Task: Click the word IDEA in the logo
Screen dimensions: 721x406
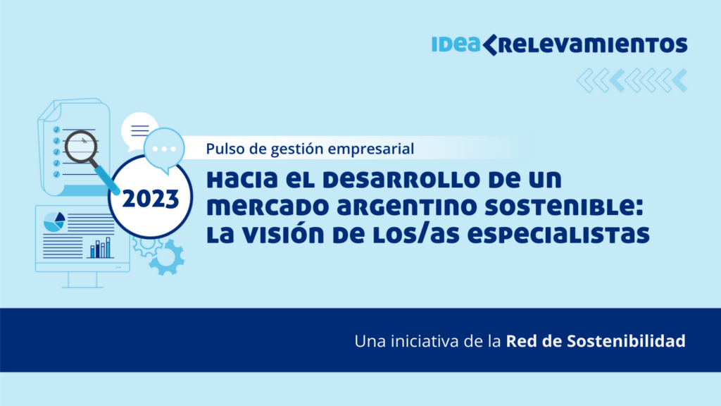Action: pyautogui.click(x=456, y=44)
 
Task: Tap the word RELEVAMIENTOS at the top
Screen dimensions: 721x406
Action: pyautogui.click(x=593, y=45)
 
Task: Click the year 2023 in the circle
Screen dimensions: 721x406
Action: pyautogui.click(x=151, y=199)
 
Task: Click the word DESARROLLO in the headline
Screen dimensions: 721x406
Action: pyautogui.click(x=401, y=179)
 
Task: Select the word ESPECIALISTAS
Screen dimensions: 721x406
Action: pyautogui.click(x=558, y=235)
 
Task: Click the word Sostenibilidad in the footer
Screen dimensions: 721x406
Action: pyautogui.click(x=626, y=341)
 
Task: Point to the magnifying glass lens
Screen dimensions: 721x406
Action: pyautogui.click(x=81, y=147)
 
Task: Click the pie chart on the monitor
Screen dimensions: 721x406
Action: pyautogui.click(x=54, y=221)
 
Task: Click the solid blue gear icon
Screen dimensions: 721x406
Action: pyautogui.click(x=166, y=258)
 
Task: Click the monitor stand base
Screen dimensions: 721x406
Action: pyautogui.click(x=82, y=287)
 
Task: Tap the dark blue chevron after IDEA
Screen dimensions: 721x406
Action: pyautogui.click(x=490, y=44)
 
